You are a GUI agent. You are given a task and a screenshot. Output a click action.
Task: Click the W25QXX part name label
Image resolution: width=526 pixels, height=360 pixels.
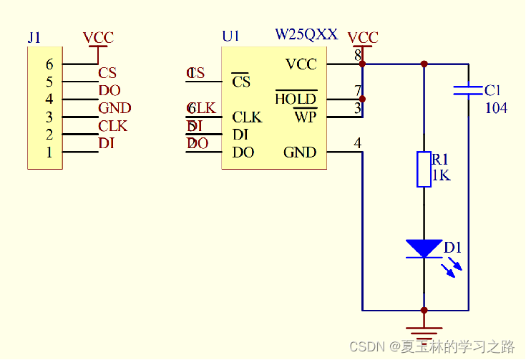[x=306, y=34]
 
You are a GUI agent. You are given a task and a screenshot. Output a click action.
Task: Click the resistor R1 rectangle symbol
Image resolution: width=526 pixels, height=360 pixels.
[x=424, y=169]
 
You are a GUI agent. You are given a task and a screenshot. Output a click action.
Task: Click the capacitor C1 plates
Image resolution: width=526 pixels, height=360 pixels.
[x=468, y=90]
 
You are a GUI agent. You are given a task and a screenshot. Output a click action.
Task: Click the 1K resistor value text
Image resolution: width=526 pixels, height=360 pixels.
[x=442, y=175]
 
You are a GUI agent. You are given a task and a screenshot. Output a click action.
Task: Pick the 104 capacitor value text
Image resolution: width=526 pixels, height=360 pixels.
[x=496, y=108]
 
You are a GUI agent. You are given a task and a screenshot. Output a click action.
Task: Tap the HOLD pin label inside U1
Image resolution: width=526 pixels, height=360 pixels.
[x=296, y=99]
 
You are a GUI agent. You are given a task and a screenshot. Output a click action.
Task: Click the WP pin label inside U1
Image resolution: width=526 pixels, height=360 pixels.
[x=305, y=117]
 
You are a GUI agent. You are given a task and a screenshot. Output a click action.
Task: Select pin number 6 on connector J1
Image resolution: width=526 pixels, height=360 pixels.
[x=49, y=64]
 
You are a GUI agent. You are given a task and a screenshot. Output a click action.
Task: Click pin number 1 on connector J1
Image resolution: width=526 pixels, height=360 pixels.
[x=49, y=152]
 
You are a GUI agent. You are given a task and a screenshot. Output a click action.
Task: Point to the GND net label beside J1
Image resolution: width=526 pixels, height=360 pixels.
[x=115, y=109]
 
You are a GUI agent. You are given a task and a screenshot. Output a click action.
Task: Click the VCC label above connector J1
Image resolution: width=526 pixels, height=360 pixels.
[x=98, y=38]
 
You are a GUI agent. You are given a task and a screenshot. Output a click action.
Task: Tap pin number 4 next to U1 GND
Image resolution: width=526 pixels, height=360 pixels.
[x=358, y=144]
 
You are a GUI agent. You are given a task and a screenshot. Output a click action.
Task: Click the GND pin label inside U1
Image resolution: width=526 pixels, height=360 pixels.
[x=300, y=152]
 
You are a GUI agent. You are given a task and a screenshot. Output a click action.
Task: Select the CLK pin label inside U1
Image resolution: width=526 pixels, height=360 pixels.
[x=247, y=117]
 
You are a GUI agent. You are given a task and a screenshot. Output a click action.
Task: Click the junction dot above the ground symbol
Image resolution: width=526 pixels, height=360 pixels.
[x=424, y=311]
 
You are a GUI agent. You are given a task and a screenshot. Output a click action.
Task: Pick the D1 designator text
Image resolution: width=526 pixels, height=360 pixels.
[x=453, y=248]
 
